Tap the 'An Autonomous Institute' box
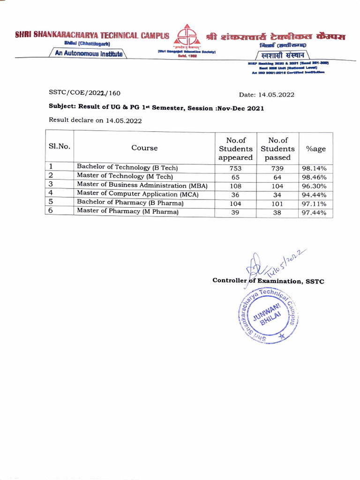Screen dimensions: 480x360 point(89,54)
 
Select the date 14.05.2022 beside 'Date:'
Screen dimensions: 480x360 point(277,95)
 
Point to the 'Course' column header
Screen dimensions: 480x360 point(144,148)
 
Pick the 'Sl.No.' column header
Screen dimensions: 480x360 point(60,146)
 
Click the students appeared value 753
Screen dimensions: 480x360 point(235,168)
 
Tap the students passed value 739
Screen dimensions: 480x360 point(278,168)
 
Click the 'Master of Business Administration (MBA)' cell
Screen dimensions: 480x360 point(142,185)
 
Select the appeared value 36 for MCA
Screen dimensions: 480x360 point(235,195)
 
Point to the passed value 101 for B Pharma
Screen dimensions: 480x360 point(278,204)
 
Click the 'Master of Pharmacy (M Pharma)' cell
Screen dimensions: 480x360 point(127,211)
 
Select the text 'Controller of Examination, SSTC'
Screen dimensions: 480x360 point(268,281)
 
